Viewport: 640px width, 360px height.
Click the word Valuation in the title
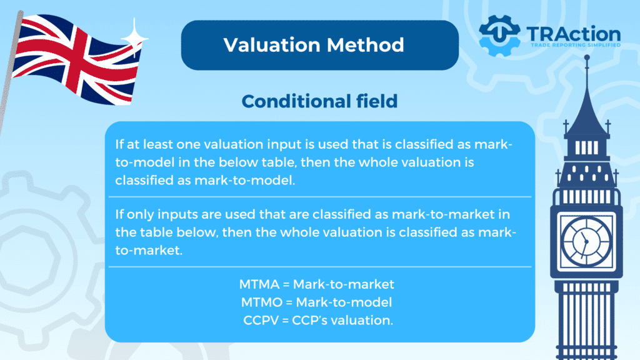272,45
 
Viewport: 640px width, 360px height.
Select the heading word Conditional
296,101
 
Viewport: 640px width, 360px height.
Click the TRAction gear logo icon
499,36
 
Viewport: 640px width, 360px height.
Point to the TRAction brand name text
574,34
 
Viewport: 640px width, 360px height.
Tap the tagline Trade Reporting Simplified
576,45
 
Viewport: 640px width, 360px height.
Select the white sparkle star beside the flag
135,37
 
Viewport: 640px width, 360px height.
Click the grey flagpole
10,69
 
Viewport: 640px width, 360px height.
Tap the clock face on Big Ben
586,241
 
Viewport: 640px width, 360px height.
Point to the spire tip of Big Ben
587,57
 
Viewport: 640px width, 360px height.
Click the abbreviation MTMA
259,284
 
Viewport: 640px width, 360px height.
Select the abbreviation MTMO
262,302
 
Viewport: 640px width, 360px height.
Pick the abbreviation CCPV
261,320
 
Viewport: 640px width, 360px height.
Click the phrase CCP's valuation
342,320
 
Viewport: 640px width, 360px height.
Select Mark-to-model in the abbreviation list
344,302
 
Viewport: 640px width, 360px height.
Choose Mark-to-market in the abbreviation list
344,284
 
